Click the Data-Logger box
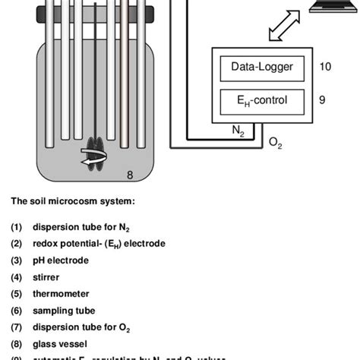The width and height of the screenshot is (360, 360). click(x=261, y=68)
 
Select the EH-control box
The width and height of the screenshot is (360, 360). click(x=261, y=99)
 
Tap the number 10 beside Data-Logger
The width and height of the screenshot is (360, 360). click(x=325, y=67)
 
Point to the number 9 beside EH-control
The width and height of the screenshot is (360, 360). click(x=323, y=99)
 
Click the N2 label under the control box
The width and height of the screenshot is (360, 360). click(x=238, y=130)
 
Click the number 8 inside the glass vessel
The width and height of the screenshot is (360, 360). click(x=130, y=175)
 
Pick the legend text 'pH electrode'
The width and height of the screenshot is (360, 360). click(x=61, y=261)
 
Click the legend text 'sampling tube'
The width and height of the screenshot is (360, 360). click(x=62, y=311)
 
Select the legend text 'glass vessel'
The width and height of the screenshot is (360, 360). click(x=59, y=343)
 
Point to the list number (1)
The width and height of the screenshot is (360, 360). click(x=17, y=227)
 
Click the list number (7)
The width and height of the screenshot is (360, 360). click(x=17, y=327)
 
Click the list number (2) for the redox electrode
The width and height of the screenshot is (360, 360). click(x=17, y=244)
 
